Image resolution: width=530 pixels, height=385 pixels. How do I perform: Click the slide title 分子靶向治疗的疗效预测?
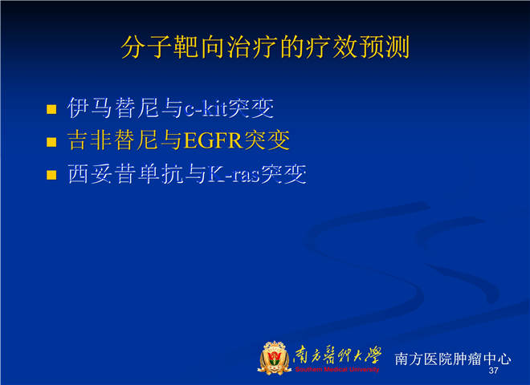pos(265,47)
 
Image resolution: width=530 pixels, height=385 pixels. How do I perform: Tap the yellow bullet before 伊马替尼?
pos(51,109)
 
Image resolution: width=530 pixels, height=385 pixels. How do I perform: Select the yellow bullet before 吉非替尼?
pos(51,142)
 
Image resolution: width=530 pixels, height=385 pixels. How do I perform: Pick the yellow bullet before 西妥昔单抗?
pos(51,175)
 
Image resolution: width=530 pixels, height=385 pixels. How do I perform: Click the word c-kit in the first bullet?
pos(206,108)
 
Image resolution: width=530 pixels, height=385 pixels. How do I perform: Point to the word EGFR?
pos(214,140)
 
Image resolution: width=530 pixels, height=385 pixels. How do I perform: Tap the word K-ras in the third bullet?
pos(234,174)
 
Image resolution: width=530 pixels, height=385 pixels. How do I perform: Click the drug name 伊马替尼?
pos(113,108)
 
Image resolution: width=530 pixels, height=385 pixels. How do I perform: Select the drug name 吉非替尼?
pos(113,140)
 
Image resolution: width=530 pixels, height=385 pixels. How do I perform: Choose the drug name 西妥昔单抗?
pos(125,174)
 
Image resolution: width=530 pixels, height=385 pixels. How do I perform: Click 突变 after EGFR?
pos(267,140)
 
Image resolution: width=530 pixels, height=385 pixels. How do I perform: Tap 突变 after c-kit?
pos(251,108)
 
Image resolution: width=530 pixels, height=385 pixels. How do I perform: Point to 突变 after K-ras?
pos(284,174)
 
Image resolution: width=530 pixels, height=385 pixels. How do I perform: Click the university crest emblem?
pos(275,358)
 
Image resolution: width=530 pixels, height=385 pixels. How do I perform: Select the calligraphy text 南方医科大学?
pos(337,355)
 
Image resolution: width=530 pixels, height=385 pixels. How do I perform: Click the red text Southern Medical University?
pos(337,370)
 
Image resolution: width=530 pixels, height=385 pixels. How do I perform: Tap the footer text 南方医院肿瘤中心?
pos(453,359)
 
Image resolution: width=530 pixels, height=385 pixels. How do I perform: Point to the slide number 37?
pos(494,371)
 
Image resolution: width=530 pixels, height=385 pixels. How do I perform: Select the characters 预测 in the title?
pos(385,47)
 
